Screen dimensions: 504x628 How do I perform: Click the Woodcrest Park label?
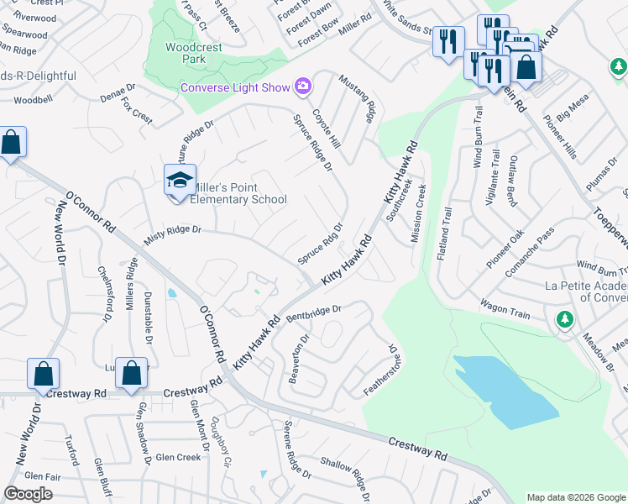(194, 54)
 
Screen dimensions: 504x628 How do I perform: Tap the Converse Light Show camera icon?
(302, 86)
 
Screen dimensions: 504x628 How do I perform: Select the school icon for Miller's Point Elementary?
(180, 181)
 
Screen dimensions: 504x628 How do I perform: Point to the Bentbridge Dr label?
(314, 314)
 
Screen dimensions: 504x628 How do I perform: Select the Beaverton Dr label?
(299, 359)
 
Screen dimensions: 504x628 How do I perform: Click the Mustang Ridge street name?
(356, 98)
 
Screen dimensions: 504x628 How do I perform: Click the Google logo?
(29, 493)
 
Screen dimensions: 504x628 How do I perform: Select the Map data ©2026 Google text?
(575, 497)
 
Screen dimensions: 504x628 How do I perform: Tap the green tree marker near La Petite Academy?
(565, 319)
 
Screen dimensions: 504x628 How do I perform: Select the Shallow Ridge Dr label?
(345, 478)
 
